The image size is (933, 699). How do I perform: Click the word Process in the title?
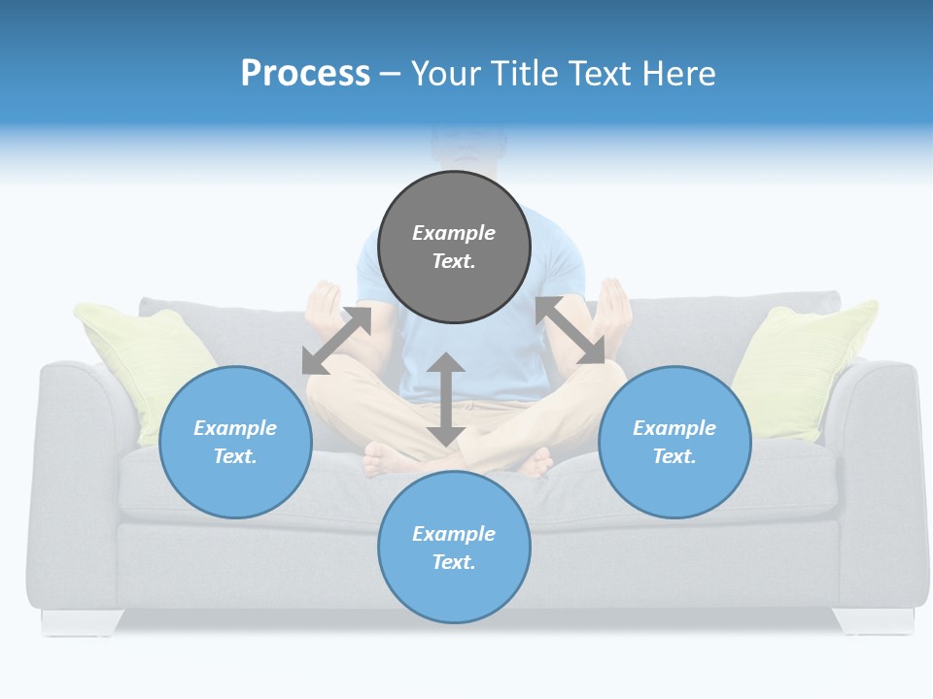click(x=305, y=74)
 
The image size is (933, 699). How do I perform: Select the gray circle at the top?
click(x=454, y=247)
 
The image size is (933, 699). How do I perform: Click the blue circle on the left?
click(x=235, y=442)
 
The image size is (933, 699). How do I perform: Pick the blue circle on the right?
click(x=674, y=442)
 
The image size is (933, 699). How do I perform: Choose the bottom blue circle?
click(x=454, y=547)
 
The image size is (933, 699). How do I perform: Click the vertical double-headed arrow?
click(x=445, y=399)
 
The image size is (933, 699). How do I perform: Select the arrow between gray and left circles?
click(x=336, y=340)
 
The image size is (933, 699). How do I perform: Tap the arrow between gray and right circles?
click(x=570, y=330)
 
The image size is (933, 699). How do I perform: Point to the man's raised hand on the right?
click(x=614, y=303)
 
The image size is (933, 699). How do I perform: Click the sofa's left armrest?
click(x=73, y=466)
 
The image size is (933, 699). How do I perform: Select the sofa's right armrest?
click(x=880, y=466)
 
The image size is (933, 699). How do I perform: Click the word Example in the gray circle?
click(x=454, y=233)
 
